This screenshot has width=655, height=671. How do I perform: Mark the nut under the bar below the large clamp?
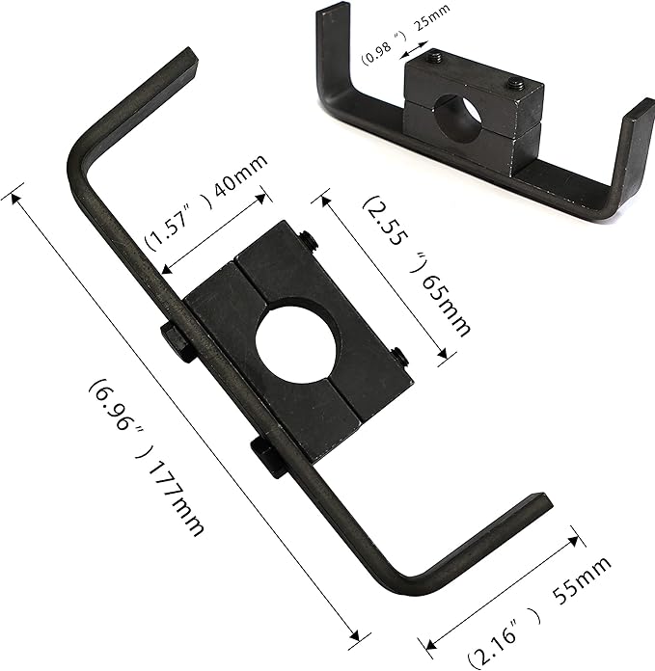click(x=268, y=456)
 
